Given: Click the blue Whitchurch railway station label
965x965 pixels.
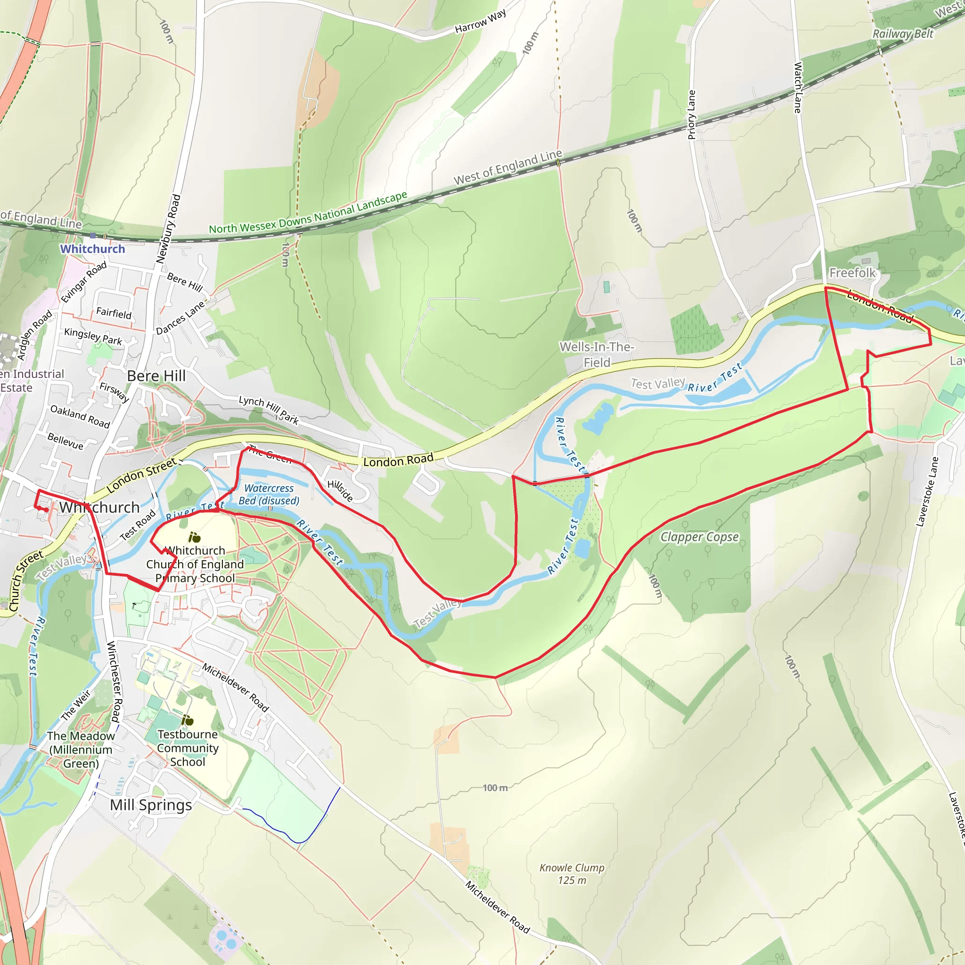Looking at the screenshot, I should [92, 249].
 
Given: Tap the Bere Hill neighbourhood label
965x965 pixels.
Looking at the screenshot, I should [156, 376].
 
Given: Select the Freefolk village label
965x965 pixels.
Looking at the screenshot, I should [852, 273].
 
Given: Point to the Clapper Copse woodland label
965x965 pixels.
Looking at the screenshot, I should [699, 537].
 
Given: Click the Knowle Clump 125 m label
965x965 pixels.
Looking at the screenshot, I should [572, 874].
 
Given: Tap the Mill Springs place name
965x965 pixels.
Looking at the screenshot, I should [151, 805].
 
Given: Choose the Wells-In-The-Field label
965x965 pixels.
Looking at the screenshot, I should [597, 354].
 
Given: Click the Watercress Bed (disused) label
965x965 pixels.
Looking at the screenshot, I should [269, 494].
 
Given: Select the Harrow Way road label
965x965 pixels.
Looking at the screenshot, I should [480, 22].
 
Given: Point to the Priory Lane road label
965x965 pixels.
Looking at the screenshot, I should [692, 115].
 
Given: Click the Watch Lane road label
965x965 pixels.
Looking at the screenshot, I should [798, 88].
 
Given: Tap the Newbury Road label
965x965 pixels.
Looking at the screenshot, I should [168, 229].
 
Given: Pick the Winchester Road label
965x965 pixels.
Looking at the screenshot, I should [114, 682].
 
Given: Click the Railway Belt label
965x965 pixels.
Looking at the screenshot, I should [902, 34].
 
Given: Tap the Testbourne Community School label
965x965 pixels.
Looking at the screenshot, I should [188, 748].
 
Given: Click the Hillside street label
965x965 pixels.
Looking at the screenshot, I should [340, 491].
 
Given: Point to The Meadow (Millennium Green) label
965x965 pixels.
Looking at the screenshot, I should [81, 749].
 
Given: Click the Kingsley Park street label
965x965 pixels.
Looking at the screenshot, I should [93, 336].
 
